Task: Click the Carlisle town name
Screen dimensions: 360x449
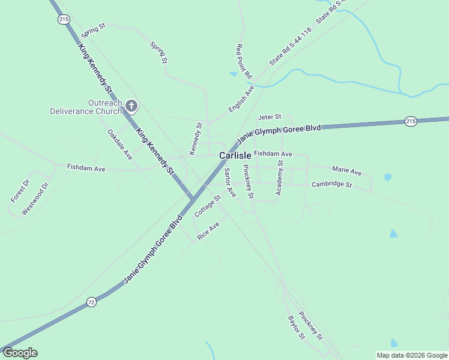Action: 235,155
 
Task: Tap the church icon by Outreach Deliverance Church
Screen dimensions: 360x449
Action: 131,107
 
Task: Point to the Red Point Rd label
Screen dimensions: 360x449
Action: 244,62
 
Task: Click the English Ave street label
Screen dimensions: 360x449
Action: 241,98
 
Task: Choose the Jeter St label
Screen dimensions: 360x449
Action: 270,116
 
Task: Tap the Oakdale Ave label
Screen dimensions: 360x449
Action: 119,144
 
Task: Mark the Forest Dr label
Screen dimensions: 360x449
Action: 20,191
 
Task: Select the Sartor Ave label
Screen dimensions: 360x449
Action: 230,183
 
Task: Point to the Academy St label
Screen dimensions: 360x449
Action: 279,178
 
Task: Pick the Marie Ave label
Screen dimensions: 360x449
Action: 347,171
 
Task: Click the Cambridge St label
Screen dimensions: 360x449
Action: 331,184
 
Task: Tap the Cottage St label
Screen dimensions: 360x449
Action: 208,206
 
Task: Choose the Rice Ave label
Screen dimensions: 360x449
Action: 208,230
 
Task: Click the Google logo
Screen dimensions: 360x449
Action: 20,353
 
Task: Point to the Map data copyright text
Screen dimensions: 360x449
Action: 412,355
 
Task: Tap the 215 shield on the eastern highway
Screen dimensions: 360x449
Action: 411,121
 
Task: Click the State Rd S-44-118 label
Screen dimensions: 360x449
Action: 291,46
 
